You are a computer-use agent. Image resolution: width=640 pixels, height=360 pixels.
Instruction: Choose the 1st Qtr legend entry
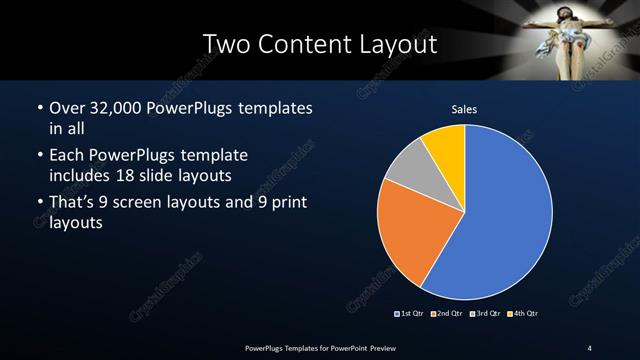[411, 314]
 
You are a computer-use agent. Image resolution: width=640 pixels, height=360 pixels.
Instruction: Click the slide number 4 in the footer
[590, 347]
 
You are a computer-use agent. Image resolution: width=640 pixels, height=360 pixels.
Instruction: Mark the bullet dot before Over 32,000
[38, 108]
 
